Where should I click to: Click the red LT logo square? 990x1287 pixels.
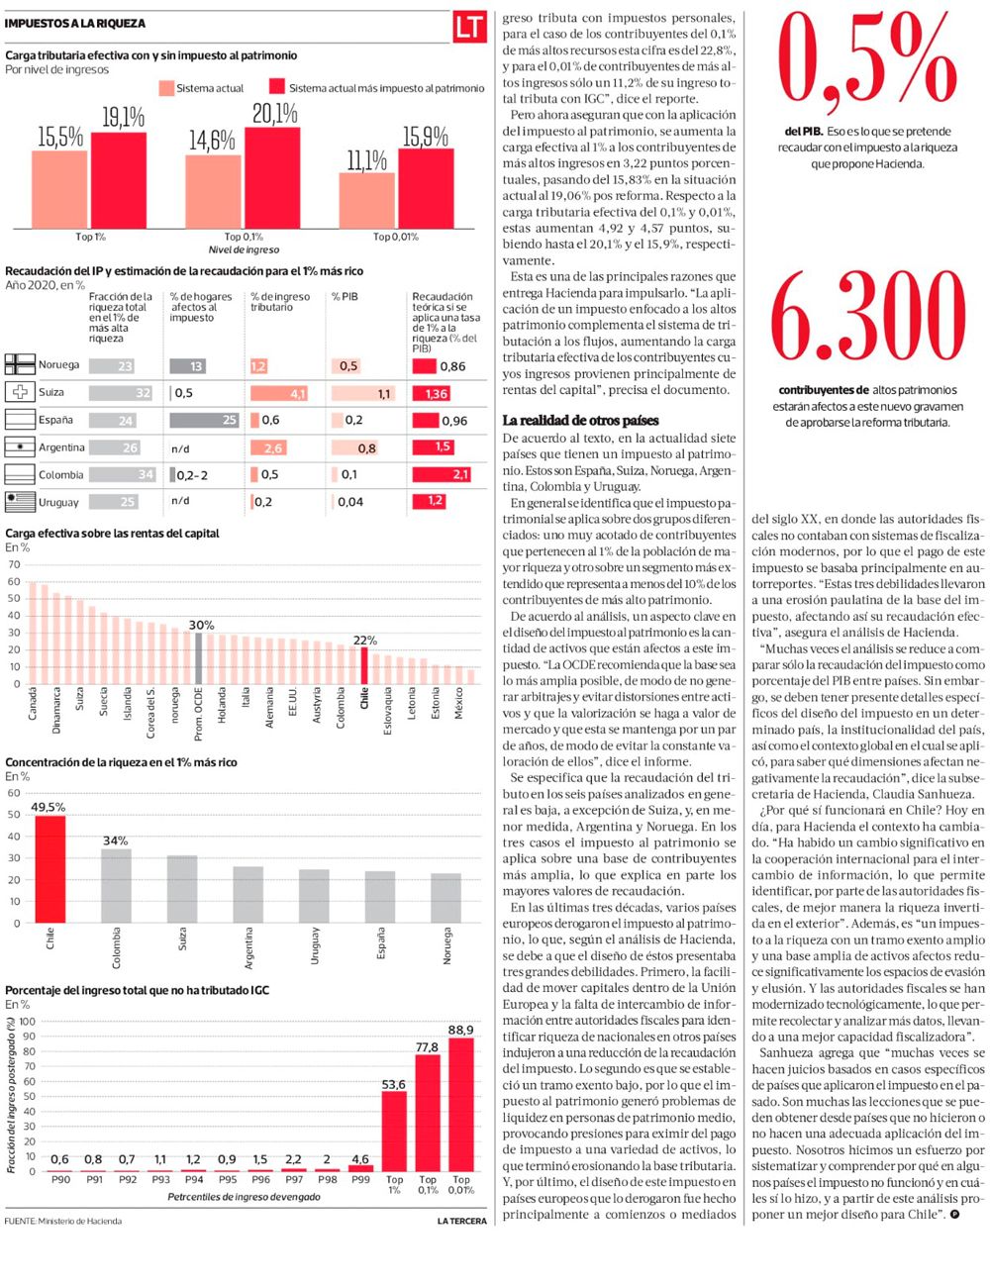(469, 27)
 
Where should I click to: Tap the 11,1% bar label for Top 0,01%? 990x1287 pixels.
(366, 160)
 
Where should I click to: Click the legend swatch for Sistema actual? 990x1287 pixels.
(165, 88)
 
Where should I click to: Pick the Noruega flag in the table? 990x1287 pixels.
(20, 365)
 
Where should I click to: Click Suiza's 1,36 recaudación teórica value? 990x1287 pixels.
(436, 393)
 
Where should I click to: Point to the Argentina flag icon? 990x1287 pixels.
(20, 447)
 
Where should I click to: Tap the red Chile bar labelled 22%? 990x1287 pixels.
(363, 665)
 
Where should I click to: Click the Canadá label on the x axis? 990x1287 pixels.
(32, 704)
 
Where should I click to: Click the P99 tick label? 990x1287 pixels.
(360, 1180)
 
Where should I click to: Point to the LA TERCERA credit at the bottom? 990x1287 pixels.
(461, 1222)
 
